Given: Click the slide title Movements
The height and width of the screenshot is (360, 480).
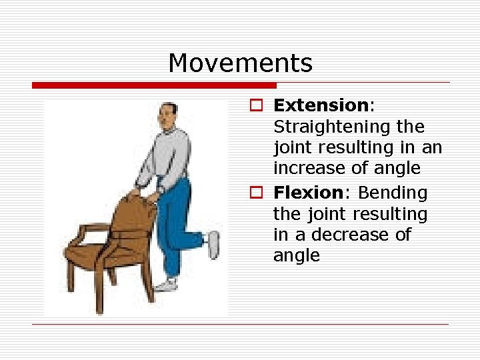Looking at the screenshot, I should pos(240,63).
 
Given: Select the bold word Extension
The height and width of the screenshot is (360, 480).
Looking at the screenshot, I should pos(321,105).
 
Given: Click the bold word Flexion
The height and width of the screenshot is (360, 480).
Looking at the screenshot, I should pos(308,193).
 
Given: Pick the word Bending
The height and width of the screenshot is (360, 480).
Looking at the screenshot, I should pos(393,193).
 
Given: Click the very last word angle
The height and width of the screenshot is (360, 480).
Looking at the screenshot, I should pos(296,256).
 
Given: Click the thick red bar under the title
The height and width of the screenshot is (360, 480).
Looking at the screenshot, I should pos(153,85).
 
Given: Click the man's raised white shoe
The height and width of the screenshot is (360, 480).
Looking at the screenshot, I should pos(213,244).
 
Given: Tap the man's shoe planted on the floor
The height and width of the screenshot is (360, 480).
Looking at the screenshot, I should pos(167,285).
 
